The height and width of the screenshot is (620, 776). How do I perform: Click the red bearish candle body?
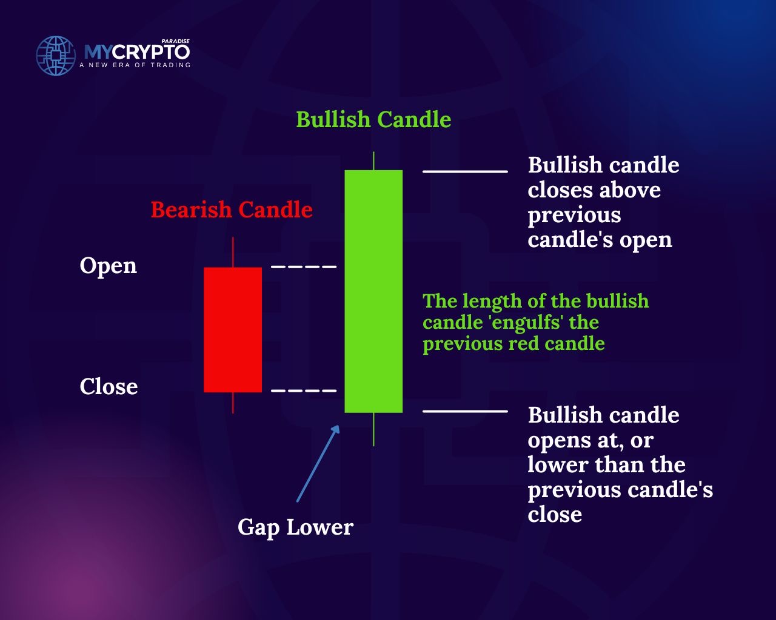233,329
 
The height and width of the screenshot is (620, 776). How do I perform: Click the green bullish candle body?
373,291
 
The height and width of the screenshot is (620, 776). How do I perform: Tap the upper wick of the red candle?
233,252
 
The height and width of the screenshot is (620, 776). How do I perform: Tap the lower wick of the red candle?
233,403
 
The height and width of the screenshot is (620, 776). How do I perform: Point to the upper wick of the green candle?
373,160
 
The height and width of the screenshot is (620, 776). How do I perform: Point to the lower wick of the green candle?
373,429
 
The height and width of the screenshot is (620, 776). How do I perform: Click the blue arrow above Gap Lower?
318,463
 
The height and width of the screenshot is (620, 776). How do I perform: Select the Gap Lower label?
295,528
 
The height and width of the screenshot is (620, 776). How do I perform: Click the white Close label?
109,386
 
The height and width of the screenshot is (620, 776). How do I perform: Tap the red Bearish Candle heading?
232,209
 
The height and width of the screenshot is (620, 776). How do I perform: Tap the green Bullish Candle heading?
373,119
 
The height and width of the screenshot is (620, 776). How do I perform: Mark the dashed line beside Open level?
304,267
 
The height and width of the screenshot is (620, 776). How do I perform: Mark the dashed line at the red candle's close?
304,391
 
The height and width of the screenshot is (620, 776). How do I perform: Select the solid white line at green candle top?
465,171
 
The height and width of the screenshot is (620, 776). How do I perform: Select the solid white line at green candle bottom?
465,411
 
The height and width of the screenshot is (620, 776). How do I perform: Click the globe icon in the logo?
56,56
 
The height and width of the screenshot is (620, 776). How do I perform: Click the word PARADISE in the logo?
176,41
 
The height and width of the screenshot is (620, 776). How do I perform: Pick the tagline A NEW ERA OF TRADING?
135,65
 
